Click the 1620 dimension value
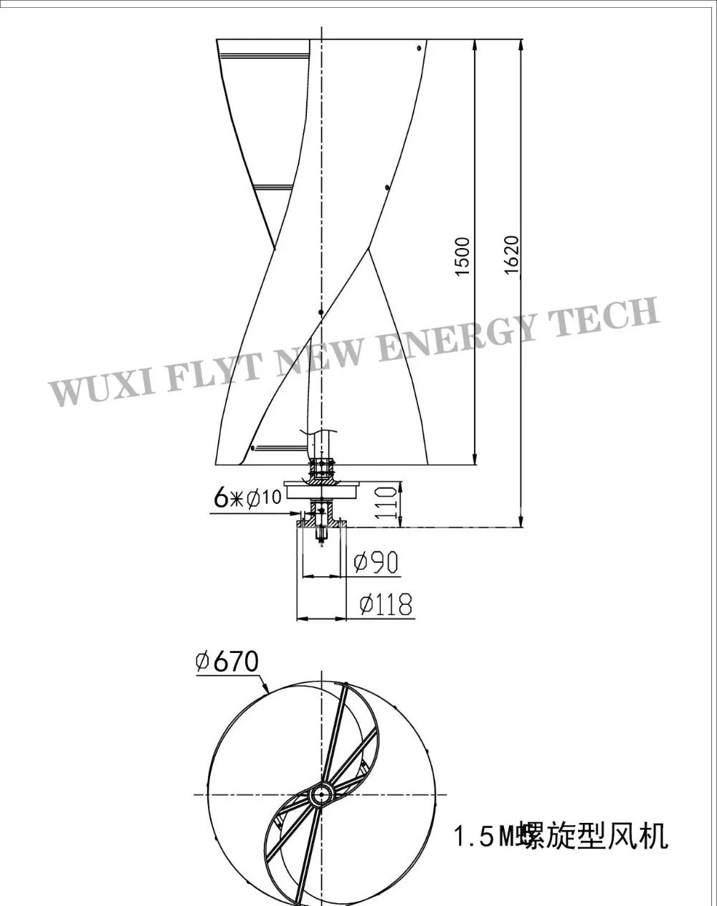511,254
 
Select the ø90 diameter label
376,562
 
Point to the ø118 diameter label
385,605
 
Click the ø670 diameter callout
227,661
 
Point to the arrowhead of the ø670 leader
266,692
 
